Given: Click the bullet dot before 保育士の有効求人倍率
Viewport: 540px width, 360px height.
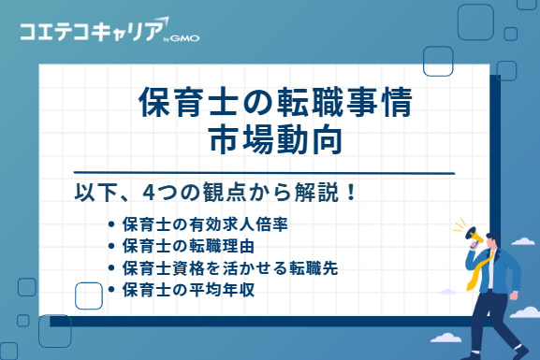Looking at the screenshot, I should tap(112, 225).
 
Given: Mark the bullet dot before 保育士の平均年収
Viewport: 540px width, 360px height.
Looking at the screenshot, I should tap(112, 290).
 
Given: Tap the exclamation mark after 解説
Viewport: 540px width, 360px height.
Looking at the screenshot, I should tap(351, 194).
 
